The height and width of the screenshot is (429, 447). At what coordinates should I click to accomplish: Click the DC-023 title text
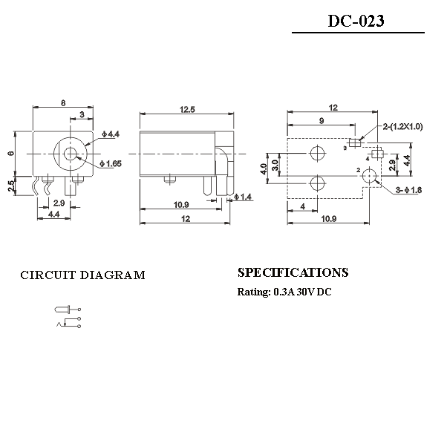[x=356, y=21]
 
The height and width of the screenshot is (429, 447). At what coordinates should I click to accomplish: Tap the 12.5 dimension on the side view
[x=187, y=110]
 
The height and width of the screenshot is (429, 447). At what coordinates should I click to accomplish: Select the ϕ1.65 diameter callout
[x=112, y=163]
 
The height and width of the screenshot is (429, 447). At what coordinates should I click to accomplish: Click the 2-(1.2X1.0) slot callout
[x=402, y=127]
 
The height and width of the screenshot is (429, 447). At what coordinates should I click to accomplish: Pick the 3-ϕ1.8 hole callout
[x=408, y=191]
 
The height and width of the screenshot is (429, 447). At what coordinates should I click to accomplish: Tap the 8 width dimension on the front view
[x=64, y=102]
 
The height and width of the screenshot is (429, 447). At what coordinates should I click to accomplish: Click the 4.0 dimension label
[x=263, y=169]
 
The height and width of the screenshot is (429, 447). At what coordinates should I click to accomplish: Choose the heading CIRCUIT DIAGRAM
[x=82, y=275]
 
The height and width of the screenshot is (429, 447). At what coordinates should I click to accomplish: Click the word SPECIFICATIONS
[x=293, y=272]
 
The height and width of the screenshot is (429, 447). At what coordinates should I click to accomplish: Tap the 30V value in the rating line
[x=306, y=292]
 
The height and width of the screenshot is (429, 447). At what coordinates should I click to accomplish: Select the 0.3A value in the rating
[x=284, y=292]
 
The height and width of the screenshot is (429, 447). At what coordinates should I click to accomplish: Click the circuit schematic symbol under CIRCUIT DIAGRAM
[x=68, y=315]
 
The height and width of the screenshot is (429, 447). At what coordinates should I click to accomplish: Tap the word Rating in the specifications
[x=252, y=292]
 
